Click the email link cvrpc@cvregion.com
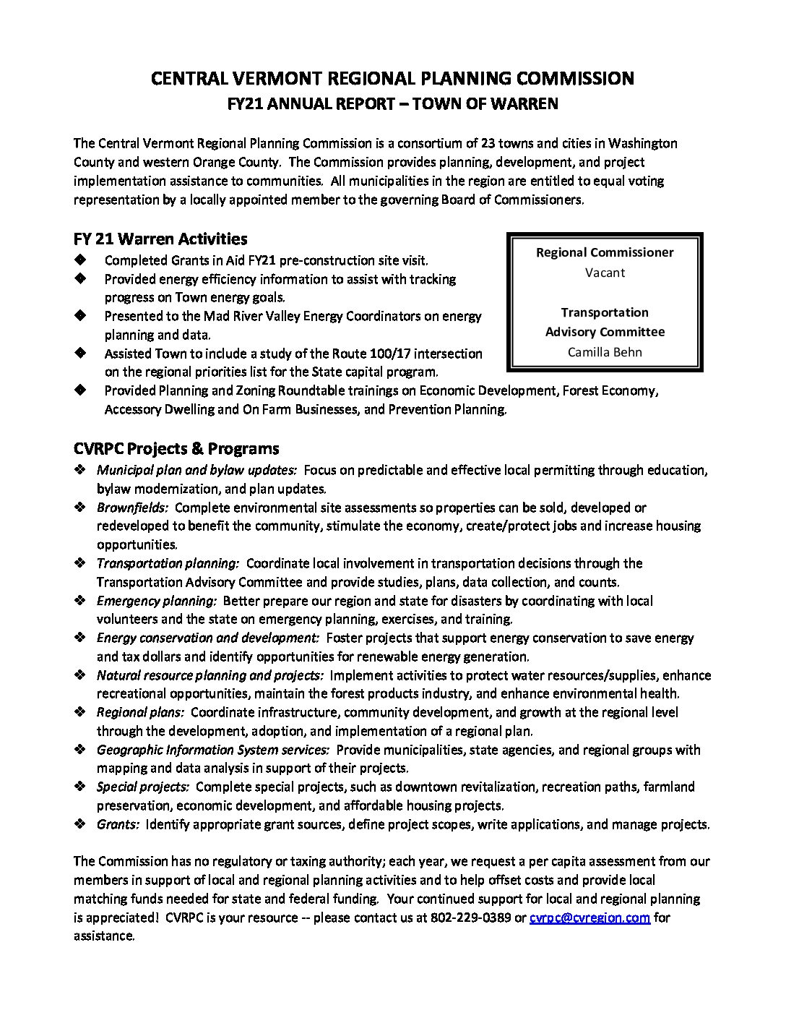coord(589,918)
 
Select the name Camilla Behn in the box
coord(605,352)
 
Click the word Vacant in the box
coord(605,273)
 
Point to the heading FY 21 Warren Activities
coord(160,239)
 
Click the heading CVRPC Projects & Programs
coord(176,449)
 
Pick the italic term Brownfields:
coord(132,508)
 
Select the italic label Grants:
coord(118,824)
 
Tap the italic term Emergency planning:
coord(157,600)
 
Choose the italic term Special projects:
coord(143,787)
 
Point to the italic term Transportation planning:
coord(168,563)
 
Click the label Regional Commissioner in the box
coord(605,252)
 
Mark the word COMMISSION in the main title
coord(576,78)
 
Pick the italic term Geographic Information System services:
coord(213,750)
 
